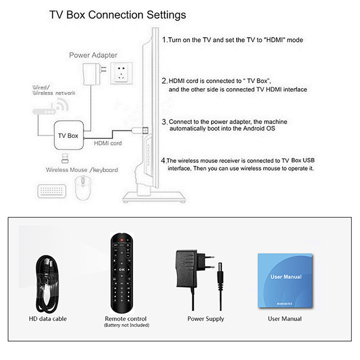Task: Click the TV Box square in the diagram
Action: pyautogui.click(x=68, y=135)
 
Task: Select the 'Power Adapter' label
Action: pyautogui.click(x=93, y=55)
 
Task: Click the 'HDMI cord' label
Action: pyautogui.click(x=108, y=144)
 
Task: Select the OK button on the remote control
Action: pyautogui.click(x=122, y=269)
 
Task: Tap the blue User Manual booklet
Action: pyautogui.click(x=285, y=280)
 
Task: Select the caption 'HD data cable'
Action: pyautogui.click(x=48, y=319)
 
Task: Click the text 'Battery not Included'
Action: pyautogui.click(x=126, y=325)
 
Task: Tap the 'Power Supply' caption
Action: pyautogui.click(x=205, y=319)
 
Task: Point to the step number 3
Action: pyautogui.click(x=164, y=121)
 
